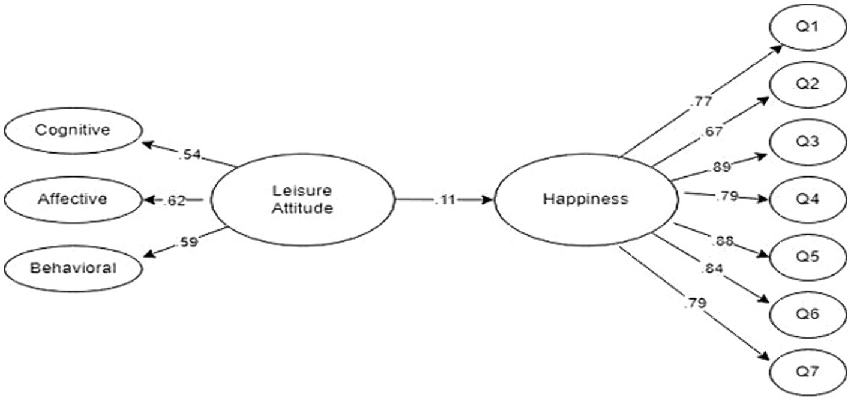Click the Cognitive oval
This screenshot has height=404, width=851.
[73, 130]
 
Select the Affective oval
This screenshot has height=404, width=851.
[73, 199]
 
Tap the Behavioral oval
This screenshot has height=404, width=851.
[73, 267]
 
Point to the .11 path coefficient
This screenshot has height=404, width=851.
[444, 200]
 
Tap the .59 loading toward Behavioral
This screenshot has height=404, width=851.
[188, 243]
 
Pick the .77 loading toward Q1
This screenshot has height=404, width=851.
[701, 100]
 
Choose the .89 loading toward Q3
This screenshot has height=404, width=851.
[722, 166]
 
